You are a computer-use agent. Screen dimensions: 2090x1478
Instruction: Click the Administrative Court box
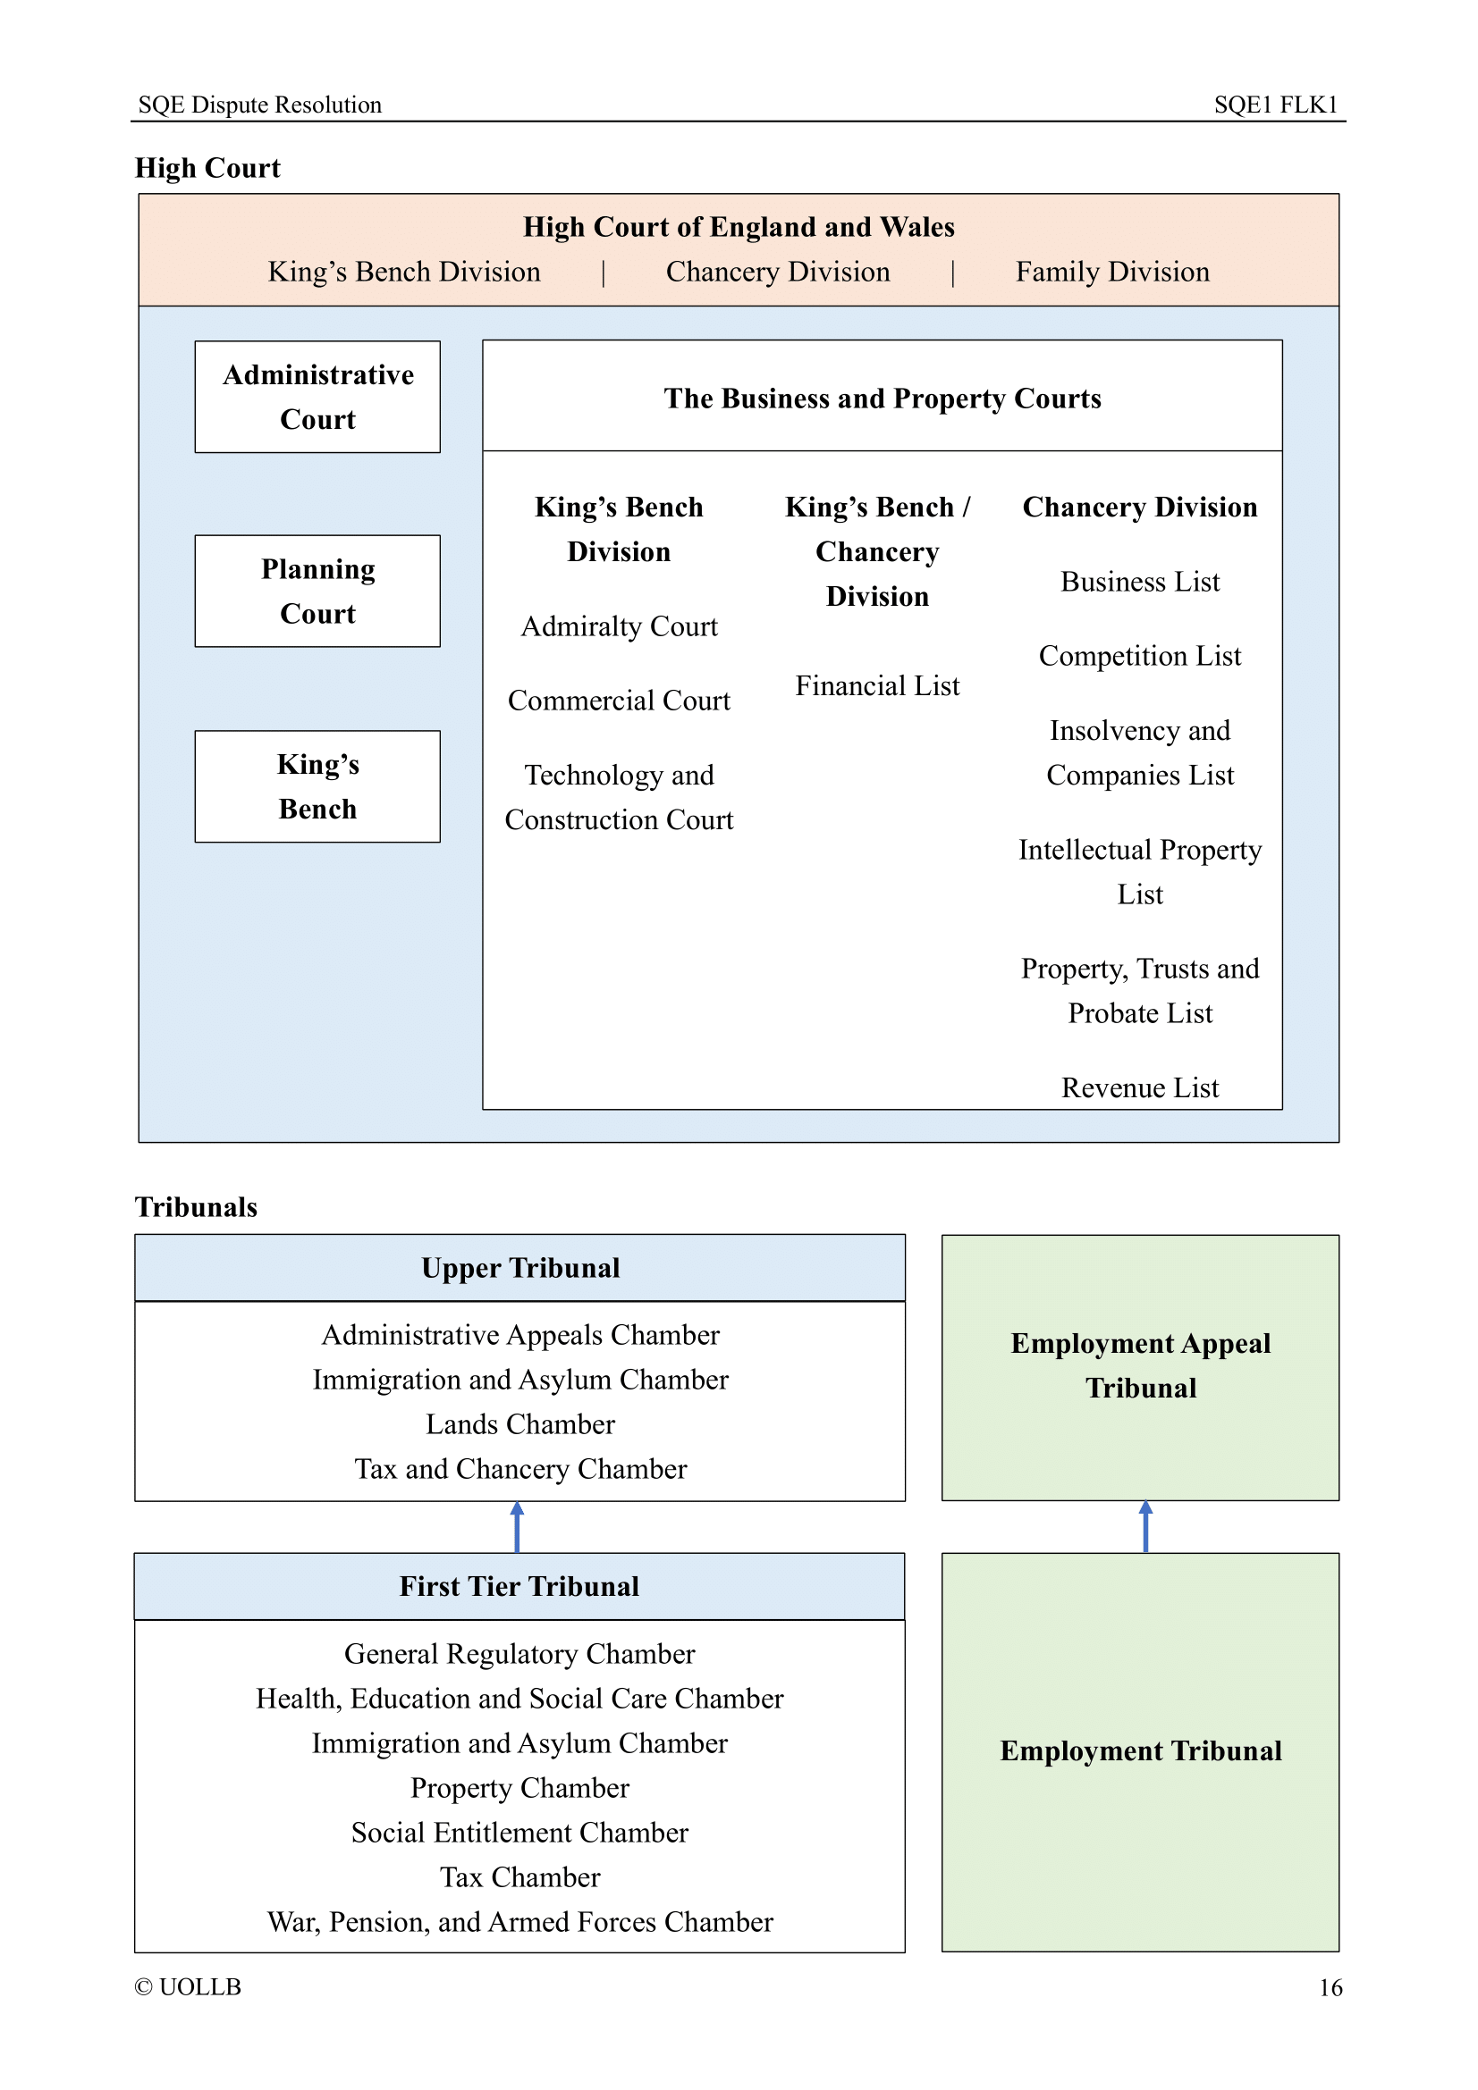coord(317,397)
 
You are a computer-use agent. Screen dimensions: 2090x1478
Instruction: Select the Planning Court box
coord(317,591)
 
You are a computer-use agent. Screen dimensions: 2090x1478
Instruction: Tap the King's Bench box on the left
coord(317,786)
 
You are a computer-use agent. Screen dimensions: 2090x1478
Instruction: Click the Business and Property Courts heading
coord(882,398)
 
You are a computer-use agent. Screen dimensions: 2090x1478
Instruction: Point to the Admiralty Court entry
coord(619,626)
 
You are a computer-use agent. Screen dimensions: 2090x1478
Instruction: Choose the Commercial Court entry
coord(619,700)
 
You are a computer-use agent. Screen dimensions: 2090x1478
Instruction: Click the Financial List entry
coord(877,685)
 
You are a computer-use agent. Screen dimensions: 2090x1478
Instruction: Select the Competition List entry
coord(1139,655)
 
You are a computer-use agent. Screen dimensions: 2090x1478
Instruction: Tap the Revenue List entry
coord(1139,1087)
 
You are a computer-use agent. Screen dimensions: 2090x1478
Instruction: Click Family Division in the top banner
coord(1112,272)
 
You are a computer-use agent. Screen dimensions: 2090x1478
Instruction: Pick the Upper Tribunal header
coord(520,1267)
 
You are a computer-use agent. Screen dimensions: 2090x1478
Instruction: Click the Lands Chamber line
coord(520,1423)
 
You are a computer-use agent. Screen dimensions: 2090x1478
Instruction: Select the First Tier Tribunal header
coord(519,1586)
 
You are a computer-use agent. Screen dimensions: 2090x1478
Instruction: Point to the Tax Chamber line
coord(520,1876)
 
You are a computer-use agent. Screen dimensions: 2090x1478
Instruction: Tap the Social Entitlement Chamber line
coord(520,1832)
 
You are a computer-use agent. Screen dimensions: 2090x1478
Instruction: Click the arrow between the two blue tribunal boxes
coord(517,1526)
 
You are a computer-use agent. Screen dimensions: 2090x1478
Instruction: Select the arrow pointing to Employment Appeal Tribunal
coord(1145,1526)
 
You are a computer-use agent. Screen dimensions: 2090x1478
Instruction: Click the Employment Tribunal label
coord(1140,1750)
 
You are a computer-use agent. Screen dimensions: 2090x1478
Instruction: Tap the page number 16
coord(1330,1987)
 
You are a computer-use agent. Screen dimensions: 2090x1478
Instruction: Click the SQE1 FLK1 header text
coord(1275,105)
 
